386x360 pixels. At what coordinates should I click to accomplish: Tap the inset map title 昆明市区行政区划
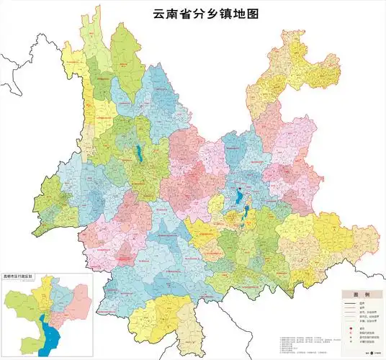(21, 276)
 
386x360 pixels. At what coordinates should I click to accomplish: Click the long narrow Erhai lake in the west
(138, 153)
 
